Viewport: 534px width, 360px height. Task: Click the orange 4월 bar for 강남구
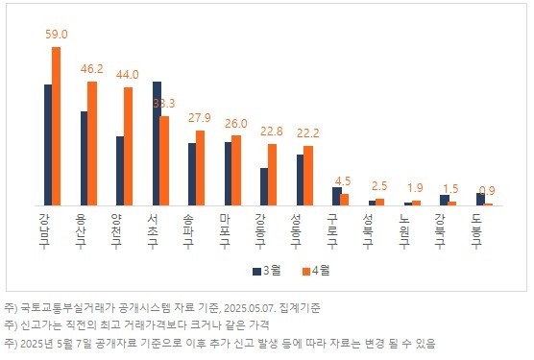click(57, 126)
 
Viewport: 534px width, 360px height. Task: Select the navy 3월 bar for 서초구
click(157, 144)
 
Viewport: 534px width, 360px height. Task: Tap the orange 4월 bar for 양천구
click(128, 146)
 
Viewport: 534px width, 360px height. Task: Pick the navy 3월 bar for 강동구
click(264, 187)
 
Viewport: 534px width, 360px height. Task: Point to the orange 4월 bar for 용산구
click(92, 144)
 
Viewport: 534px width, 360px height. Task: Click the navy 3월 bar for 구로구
click(336, 197)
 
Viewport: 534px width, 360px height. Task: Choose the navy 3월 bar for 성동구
click(301, 180)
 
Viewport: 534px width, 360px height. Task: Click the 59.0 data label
click(57, 35)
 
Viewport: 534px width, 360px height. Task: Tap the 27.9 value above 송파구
click(200, 118)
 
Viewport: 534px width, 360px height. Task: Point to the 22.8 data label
click(272, 132)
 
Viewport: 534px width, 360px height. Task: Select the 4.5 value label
click(343, 181)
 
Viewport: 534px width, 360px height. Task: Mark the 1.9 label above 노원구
click(415, 187)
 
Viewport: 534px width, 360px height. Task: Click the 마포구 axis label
click(225, 230)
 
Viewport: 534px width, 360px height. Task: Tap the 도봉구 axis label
click(476, 230)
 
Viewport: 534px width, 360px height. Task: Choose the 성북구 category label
click(368, 230)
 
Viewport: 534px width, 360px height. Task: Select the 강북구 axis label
click(440, 230)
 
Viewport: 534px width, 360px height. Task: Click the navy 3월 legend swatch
click(256, 271)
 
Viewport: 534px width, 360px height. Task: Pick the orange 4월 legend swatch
click(306, 271)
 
